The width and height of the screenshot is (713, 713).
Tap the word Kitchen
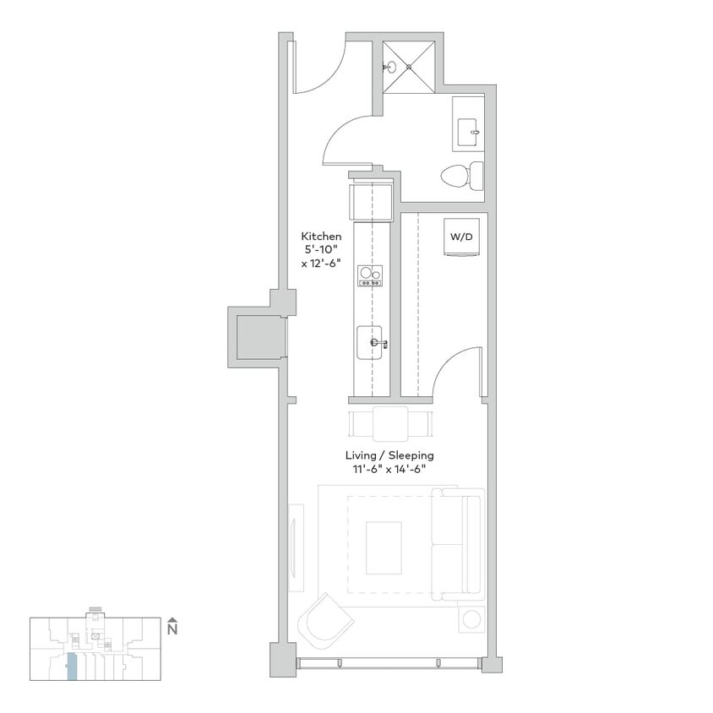click(x=322, y=237)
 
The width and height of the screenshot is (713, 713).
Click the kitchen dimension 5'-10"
click(x=322, y=251)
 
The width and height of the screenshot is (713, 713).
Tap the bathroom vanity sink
click(x=468, y=132)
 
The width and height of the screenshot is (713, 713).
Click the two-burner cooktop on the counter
click(x=370, y=275)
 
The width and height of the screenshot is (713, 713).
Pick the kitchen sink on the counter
click(x=371, y=342)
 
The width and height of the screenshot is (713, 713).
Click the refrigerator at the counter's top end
click(x=371, y=201)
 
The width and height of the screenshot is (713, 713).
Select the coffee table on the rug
click(x=384, y=547)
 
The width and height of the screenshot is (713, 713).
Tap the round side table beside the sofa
click(x=471, y=619)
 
